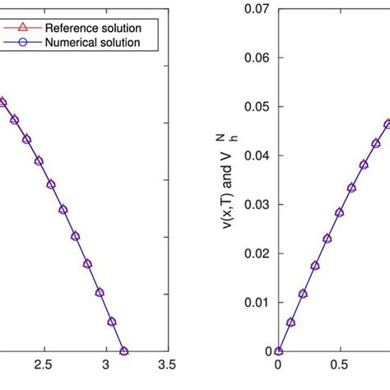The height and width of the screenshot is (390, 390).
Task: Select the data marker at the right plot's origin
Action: [278, 351]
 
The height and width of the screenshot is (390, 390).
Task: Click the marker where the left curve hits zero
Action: [124, 351]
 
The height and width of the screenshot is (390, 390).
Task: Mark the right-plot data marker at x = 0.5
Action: [339, 211]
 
